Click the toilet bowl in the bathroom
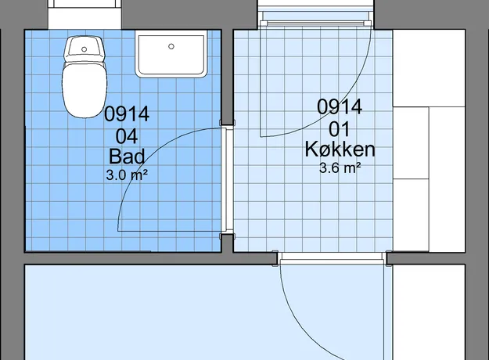(84, 90)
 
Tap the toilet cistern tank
(84, 49)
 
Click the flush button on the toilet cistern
(84, 49)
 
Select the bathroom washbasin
(171, 54)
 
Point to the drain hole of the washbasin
(171, 46)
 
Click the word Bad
(127, 157)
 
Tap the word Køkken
(340, 149)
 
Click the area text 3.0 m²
(127, 175)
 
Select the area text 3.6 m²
(340, 168)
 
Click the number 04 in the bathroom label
(127, 136)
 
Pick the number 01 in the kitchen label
(340, 129)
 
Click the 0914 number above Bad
(127, 113)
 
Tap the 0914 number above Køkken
(340, 106)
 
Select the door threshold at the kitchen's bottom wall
(332, 257)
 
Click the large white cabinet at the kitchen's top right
(429, 68)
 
